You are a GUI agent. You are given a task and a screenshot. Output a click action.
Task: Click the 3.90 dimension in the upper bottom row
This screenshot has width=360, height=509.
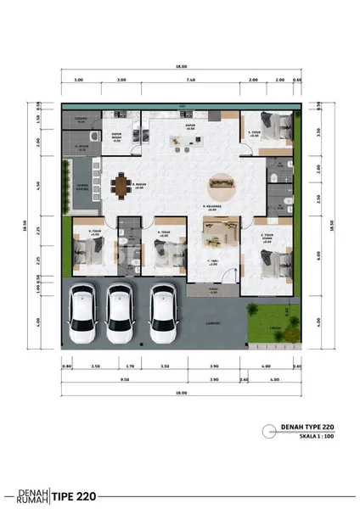214,366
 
